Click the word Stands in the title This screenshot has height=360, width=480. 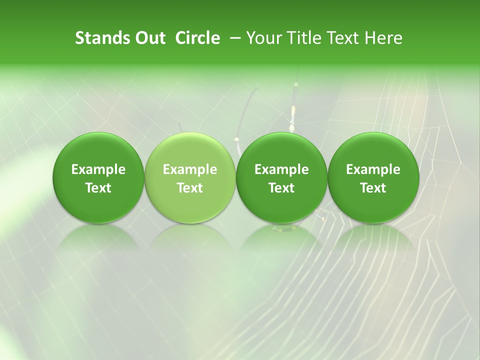[x=102, y=38]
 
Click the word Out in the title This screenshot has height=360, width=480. [x=149, y=38]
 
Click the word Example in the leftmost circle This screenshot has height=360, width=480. [x=98, y=169]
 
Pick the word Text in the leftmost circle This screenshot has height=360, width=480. [x=98, y=188]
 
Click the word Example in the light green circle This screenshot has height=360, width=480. [x=190, y=169]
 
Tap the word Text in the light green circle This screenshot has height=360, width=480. [x=190, y=188]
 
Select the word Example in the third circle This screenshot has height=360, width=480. [x=281, y=169]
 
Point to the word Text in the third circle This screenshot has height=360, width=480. [x=281, y=188]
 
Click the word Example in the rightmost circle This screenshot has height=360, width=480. [x=373, y=169]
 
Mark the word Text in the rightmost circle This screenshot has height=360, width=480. [x=373, y=188]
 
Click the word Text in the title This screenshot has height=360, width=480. [x=345, y=38]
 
